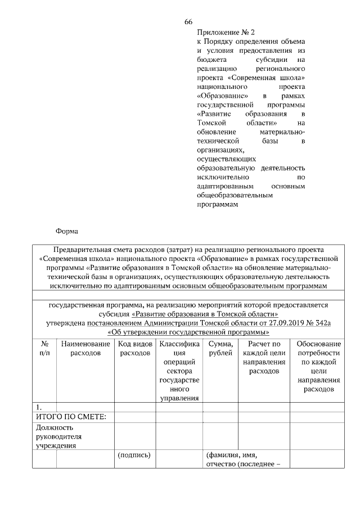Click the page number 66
pos(188,22)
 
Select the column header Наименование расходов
pos(85,348)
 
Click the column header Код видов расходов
pos(135,348)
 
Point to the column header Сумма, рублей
pos(220,348)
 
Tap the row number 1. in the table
pos(39,407)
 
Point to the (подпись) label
pos(135,454)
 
